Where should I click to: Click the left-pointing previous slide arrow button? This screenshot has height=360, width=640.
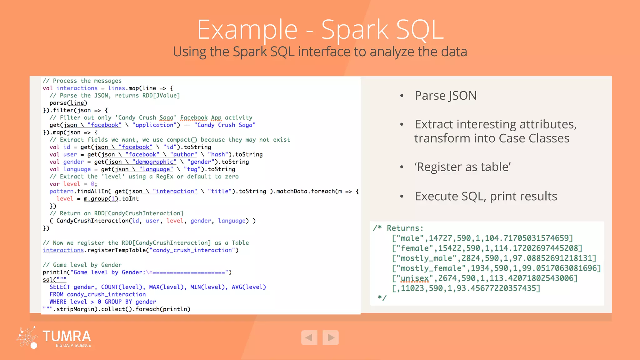[x=309, y=337]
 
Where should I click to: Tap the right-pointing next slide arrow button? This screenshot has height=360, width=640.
[x=331, y=337]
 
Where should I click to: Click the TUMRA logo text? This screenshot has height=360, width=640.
[x=67, y=336]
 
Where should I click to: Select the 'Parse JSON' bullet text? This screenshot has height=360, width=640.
[x=445, y=96]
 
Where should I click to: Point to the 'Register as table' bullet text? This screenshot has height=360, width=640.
[x=462, y=167]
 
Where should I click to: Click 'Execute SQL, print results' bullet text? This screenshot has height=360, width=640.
[x=486, y=196]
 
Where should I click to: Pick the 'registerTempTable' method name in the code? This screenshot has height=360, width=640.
[x=117, y=250]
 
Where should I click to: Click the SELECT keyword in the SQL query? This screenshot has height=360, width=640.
[x=60, y=287]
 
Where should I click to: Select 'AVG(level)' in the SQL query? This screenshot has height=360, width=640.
[x=249, y=287]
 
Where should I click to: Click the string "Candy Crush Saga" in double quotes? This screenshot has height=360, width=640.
[x=225, y=125]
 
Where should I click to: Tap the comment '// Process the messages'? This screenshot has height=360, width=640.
[x=82, y=81]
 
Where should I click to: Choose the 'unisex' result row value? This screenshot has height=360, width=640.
[x=415, y=278]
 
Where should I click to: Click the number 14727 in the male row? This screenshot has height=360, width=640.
[x=440, y=238]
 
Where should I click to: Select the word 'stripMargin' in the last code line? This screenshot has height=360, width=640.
[x=75, y=309]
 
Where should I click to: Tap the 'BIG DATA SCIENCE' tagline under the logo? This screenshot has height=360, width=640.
[x=73, y=345]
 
